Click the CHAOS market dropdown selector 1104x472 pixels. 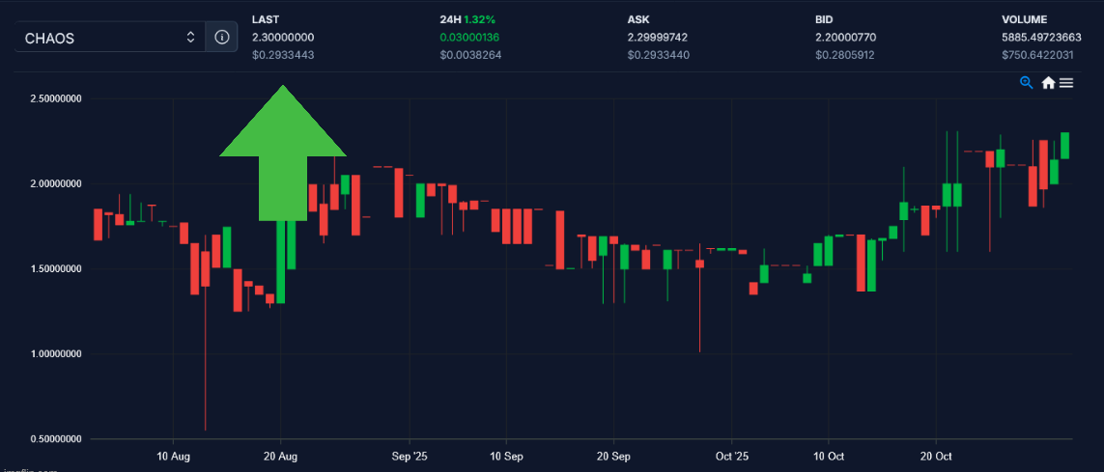pos(109,38)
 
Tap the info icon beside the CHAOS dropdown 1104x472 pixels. pos(222,38)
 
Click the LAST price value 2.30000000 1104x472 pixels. pos(283,37)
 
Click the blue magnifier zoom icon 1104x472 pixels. pos(1027,83)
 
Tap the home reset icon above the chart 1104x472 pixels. pos(1048,83)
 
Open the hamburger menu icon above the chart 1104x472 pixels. pos(1066,83)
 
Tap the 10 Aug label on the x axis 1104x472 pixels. pos(172,455)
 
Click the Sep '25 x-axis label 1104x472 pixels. pos(410,455)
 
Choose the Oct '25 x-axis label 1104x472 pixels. pos(732,455)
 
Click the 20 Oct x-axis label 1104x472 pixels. pos(936,455)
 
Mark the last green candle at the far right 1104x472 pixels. pos(1065,145)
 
